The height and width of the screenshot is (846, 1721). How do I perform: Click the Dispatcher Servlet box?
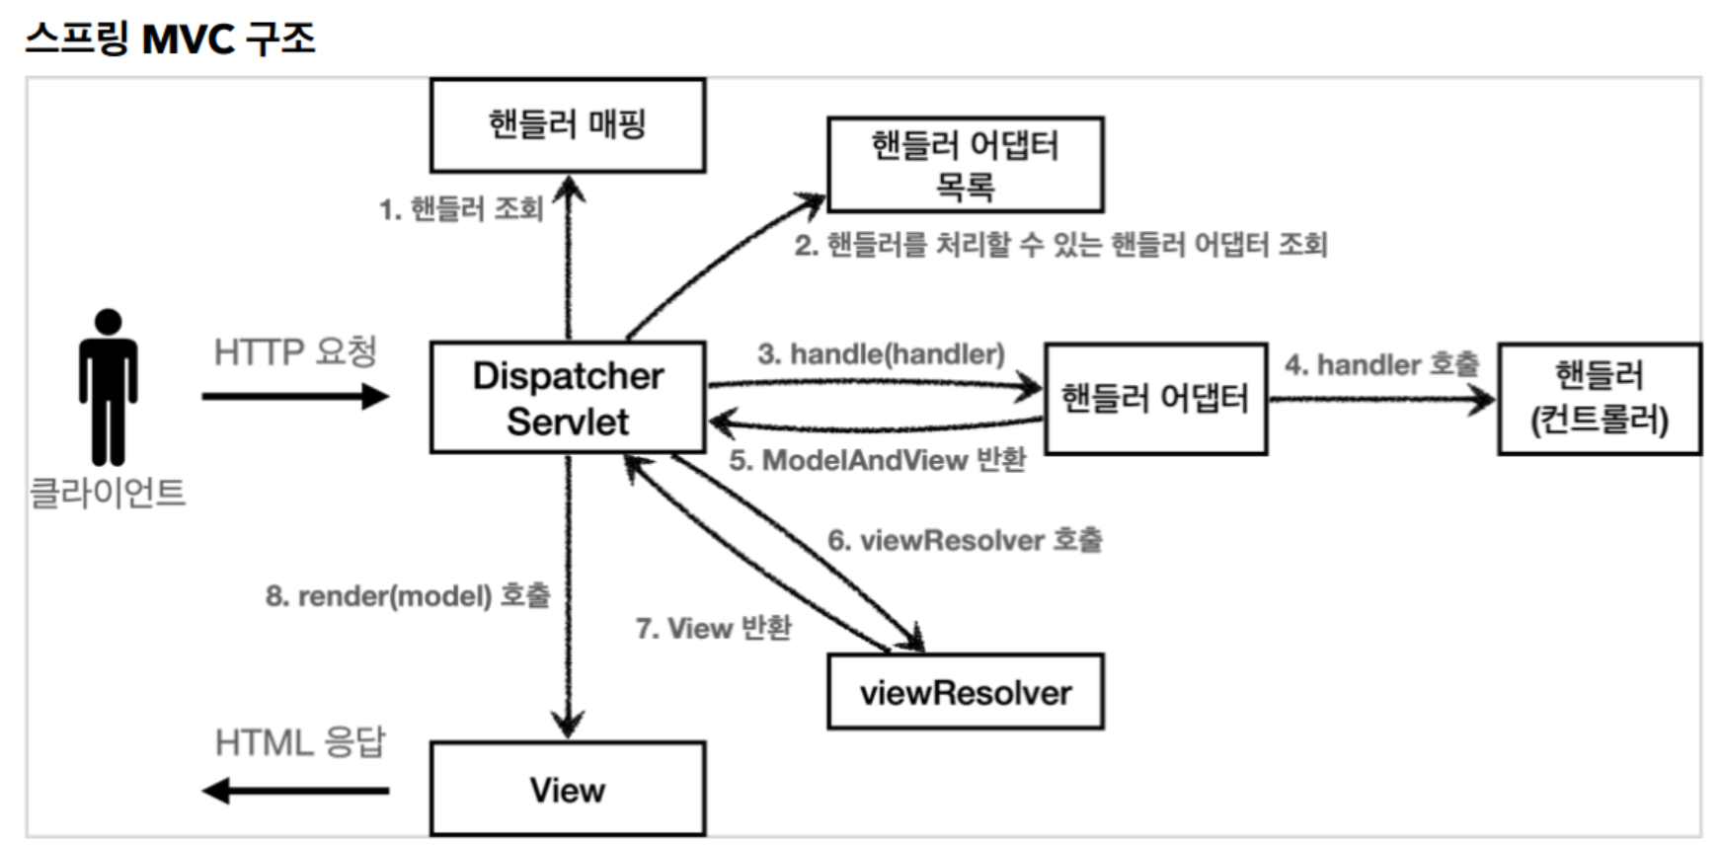tap(568, 398)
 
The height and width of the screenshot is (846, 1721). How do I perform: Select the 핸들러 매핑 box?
tap(568, 125)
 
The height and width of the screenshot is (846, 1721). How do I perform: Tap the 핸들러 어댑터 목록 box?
tap(965, 165)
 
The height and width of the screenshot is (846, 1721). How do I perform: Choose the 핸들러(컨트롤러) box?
tap(1599, 398)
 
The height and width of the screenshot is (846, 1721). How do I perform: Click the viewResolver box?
tap(965, 692)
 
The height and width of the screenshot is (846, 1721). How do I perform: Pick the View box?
tap(568, 789)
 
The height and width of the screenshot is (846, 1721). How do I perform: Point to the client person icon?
tap(108, 387)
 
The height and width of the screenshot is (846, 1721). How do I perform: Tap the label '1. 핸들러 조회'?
tap(461, 209)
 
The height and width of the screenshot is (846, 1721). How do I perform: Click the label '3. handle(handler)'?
tap(881, 353)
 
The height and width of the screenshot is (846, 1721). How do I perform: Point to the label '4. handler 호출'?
tap(1381, 364)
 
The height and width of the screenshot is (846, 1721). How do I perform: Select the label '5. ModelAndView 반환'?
tap(877, 460)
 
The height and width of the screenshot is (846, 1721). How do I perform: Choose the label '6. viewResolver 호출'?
tap(965, 540)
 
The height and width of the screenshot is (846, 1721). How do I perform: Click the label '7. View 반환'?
tap(713, 628)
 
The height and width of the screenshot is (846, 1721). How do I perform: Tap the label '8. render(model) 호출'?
tap(407, 595)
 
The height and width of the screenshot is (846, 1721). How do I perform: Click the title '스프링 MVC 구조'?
tap(170, 38)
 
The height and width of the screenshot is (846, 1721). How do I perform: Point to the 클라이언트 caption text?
tap(108, 492)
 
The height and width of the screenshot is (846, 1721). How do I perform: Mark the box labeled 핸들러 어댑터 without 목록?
tap(1155, 398)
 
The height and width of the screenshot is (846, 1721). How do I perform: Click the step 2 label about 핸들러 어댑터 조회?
tap(1060, 244)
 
